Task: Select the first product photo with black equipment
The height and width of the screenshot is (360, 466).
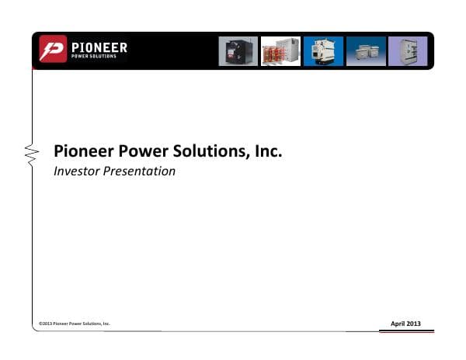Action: tap(238, 51)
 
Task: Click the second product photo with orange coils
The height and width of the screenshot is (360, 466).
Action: tap(280, 51)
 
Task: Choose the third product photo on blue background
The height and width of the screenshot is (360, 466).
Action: tap(322, 51)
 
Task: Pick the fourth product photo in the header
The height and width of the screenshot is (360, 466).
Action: tap(365, 51)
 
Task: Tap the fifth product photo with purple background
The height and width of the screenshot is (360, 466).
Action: tap(407, 51)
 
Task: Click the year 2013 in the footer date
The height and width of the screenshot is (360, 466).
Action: tap(414, 323)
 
